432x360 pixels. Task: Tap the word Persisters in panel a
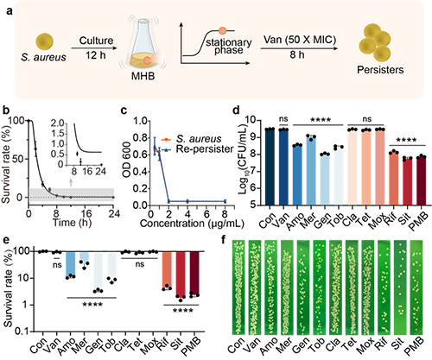tap(380, 70)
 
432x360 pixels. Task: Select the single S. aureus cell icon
tap(44, 41)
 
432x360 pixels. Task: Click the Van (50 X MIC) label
tap(300, 39)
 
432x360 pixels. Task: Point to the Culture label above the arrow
tap(96, 41)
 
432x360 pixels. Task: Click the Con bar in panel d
tap(270, 167)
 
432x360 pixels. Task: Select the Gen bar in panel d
tap(325, 180)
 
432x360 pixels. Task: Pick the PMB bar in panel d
tap(422, 181)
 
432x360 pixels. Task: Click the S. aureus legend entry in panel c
tap(192, 139)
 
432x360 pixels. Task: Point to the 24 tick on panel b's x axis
tap(113, 214)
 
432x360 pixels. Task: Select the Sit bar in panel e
tap(181, 275)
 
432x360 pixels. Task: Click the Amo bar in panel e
tap(71, 264)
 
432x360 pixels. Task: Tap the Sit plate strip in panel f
tap(400, 287)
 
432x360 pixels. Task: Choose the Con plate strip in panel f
tap(238, 287)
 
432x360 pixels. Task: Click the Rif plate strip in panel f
tap(384, 287)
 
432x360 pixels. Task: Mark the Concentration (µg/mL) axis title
tap(192, 224)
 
